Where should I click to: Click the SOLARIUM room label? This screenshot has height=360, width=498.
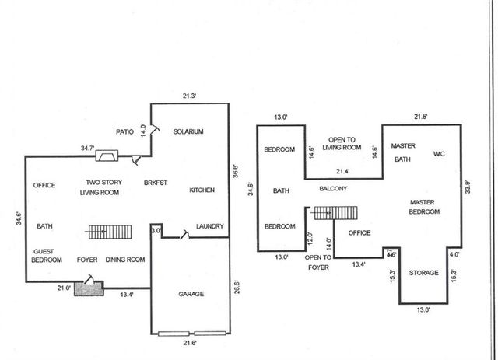[x=188, y=132]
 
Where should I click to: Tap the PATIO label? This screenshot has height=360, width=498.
[x=126, y=132]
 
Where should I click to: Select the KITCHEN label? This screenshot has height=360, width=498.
[x=202, y=190]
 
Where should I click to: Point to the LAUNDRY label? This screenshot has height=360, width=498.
[x=209, y=227]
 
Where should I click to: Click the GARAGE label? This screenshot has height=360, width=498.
[x=191, y=294]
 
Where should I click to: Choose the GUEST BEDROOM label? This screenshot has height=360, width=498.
[x=47, y=256]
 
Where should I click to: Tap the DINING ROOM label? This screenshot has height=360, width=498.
[x=125, y=260]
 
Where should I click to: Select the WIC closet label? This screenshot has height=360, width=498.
[x=439, y=154]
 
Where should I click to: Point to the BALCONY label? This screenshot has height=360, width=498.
[x=332, y=189]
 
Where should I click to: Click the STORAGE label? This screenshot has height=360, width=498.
[x=424, y=273]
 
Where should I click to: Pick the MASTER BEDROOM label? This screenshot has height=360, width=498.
[x=426, y=207]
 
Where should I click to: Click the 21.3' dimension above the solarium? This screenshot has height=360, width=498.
[x=189, y=96]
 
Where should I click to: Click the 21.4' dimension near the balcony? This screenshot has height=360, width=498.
[x=342, y=171]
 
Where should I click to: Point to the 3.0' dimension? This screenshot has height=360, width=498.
[x=156, y=231]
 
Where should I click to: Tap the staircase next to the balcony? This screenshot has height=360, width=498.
[x=335, y=213]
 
